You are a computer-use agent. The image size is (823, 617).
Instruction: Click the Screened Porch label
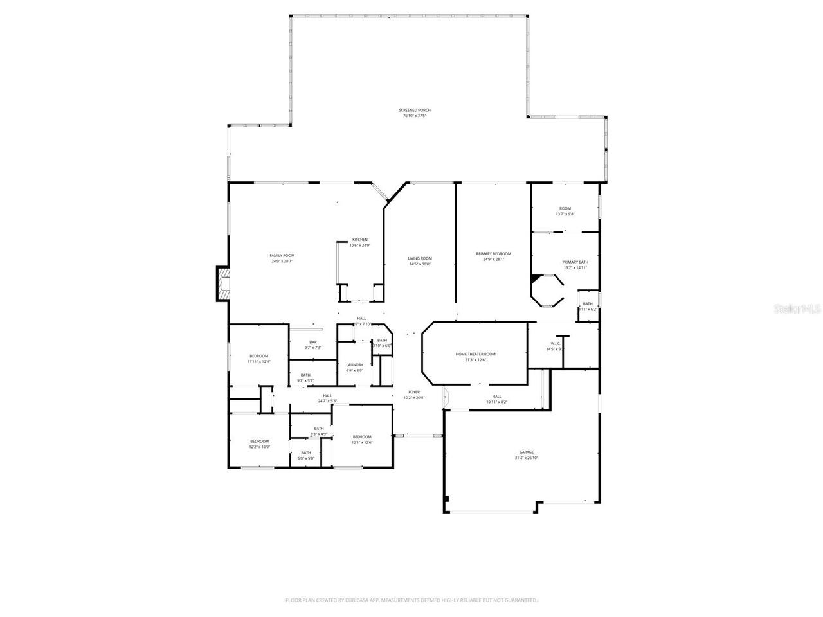pos(414,113)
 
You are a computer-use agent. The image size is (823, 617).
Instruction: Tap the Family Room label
pos(282,258)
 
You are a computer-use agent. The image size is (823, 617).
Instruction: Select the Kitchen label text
pos(359,242)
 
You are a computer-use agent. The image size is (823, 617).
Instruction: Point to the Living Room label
pos(419,261)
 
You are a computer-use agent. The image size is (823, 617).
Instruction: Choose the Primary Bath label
pos(575,265)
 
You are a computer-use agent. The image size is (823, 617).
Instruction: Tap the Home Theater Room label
pos(475,357)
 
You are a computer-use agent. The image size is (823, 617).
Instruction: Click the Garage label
pos(526,455)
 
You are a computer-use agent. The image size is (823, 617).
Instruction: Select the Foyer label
pos(414,395)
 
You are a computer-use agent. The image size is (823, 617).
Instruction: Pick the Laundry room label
pos(354,368)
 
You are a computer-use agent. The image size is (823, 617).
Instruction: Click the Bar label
pos(312,344)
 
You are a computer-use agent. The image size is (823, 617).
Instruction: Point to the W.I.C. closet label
pos(555,346)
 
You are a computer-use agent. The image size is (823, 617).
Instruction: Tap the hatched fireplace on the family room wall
pos(222,283)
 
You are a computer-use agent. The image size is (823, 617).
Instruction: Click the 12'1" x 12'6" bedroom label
pos(362,440)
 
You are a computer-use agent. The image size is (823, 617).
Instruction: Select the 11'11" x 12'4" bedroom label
pos(258,359)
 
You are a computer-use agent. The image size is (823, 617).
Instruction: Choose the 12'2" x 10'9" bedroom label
pos(259,443)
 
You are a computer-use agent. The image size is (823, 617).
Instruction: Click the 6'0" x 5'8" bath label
pos(306,455)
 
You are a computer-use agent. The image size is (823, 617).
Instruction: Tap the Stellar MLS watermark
pos(797,308)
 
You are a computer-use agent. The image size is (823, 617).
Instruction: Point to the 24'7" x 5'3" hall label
pos(327,398)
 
